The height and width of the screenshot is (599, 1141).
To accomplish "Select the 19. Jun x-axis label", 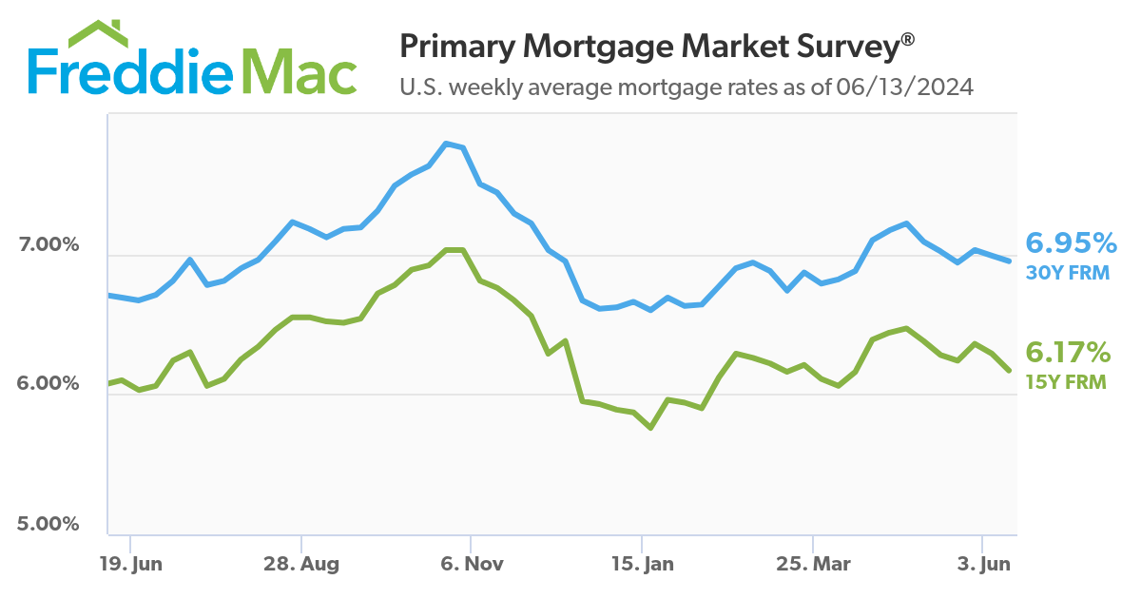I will point(131,563).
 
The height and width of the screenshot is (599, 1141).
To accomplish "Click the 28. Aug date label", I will point(300,563).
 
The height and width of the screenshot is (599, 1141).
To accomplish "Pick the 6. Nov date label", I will point(472,563).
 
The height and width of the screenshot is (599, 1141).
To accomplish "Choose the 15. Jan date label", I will point(642,563).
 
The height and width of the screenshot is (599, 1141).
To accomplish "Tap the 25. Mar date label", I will point(813,563).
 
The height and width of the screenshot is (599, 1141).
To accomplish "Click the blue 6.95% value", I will point(1070,243).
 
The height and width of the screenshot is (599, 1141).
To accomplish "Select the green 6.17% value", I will point(1068,354).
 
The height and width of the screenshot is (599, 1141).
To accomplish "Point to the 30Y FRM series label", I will point(1066,272).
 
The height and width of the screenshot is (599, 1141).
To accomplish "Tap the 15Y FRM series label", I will point(1066,382).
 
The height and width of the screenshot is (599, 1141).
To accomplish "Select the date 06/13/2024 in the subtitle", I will point(905,87).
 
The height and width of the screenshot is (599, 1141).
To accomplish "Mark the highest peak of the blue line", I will point(446,144).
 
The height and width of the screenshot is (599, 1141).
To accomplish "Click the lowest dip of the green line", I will point(650,428).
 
